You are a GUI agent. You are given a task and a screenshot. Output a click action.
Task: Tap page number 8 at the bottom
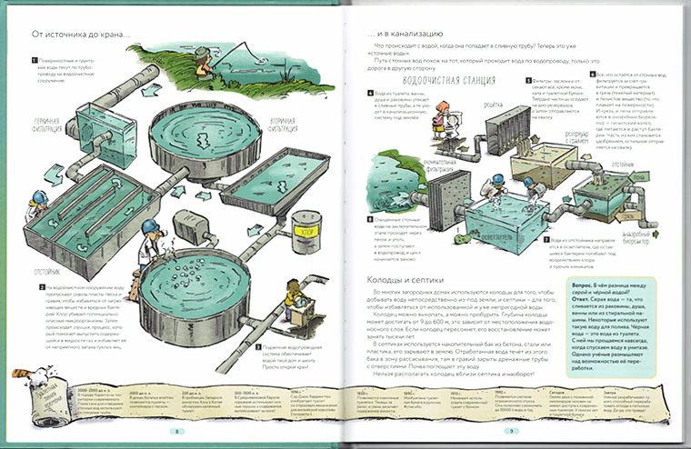click(x=178, y=432)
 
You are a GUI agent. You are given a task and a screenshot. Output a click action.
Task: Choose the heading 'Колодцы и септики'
click(x=400, y=277)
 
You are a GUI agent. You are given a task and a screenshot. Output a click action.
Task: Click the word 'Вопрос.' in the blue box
click(x=580, y=284)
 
